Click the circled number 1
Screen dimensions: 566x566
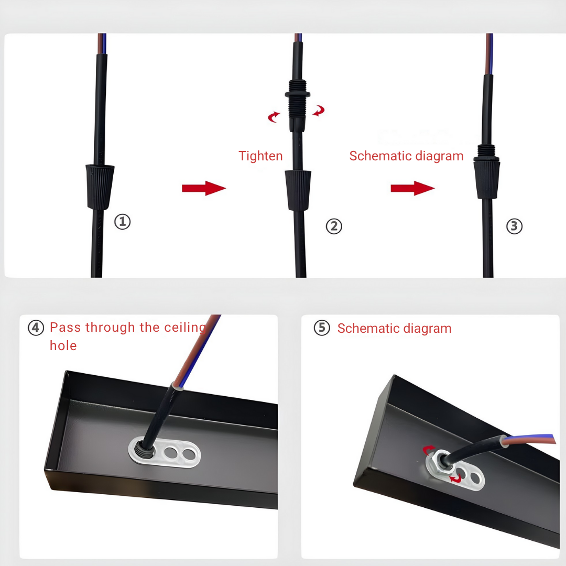(x=122, y=221)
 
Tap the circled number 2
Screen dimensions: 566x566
(x=334, y=226)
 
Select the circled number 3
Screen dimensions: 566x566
(x=515, y=226)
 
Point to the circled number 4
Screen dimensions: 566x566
(x=36, y=328)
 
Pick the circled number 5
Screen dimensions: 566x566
(x=322, y=328)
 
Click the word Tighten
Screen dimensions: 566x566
(x=260, y=156)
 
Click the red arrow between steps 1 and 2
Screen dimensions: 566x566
(x=204, y=188)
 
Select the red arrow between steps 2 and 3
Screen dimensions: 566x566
(x=412, y=188)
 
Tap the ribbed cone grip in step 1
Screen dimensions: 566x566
(x=100, y=187)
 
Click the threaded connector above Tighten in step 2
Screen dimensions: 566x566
(x=298, y=105)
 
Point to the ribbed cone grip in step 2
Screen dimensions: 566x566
(x=298, y=190)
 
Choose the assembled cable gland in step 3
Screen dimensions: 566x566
(x=486, y=172)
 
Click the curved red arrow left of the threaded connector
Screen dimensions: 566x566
(x=274, y=117)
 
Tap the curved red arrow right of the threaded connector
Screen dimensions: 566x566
(x=319, y=111)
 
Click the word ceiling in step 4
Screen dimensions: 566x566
(x=185, y=328)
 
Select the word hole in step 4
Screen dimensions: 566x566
(x=63, y=345)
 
